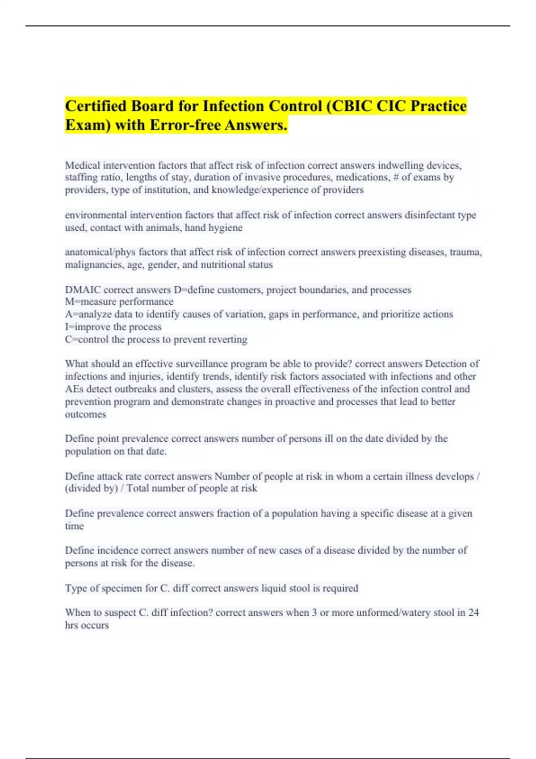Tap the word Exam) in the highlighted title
pos(88,125)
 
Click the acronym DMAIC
pos(83,290)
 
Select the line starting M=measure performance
pos(119,302)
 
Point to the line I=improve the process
pos(113,327)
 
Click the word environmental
pos(96,215)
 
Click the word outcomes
pos(85,414)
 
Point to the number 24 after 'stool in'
pos(473,613)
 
